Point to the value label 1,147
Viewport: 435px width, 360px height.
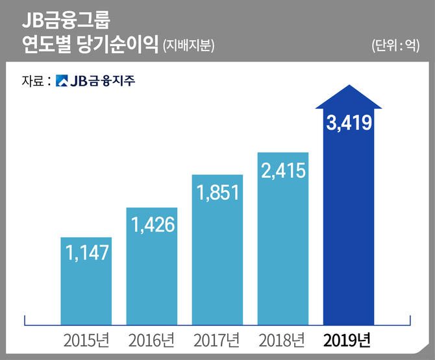click(86, 252)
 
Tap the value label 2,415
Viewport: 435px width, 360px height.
click(283, 170)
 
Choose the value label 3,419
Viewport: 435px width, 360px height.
click(349, 122)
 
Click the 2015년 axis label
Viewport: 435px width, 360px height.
click(86, 340)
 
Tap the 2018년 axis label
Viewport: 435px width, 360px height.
click(283, 340)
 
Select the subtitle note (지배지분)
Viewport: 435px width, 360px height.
click(189, 46)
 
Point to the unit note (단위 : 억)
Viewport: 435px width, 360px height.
click(396, 46)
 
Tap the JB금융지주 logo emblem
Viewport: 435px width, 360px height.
click(62, 81)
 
